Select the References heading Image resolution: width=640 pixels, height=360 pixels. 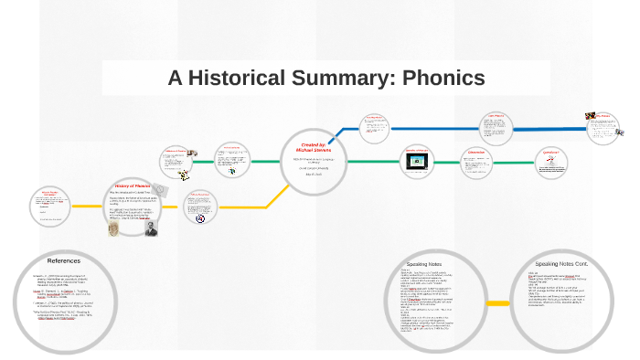click(x=64, y=261)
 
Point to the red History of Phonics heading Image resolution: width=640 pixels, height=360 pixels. click(x=133, y=185)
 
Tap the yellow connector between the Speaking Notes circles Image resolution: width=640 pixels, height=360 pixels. click(x=498, y=302)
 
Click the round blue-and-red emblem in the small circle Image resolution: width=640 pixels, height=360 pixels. click(x=199, y=218)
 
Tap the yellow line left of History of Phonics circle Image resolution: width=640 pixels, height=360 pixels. click(x=86, y=206)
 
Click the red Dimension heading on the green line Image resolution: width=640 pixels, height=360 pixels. click(x=475, y=153)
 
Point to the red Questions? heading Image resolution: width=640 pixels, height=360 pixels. click(x=549, y=151)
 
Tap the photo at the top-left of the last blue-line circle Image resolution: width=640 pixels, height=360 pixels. click(x=592, y=117)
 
